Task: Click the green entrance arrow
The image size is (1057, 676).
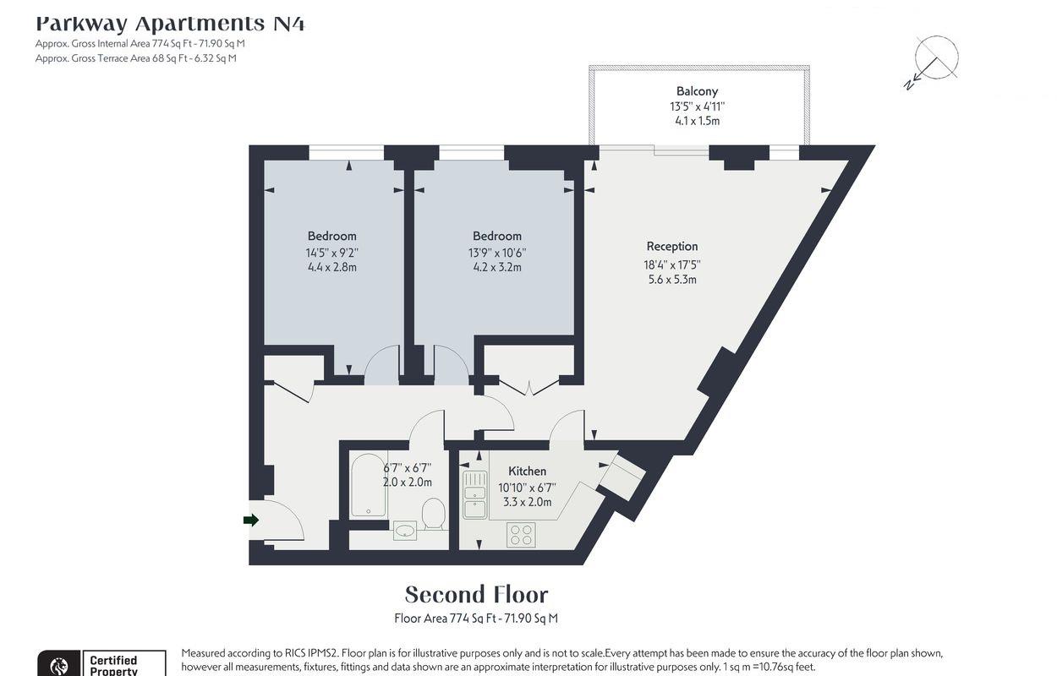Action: (x=250, y=520)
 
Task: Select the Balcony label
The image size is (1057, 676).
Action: (x=697, y=91)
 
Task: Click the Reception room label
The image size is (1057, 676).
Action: (x=672, y=247)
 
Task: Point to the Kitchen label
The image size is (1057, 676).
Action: (x=527, y=472)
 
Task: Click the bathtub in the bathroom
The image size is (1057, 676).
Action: (x=369, y=486)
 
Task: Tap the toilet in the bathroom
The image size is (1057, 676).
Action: (x=433, y=513)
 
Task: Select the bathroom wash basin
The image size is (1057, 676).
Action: (x=405, y=531)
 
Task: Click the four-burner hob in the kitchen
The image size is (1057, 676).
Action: (x=520, y=534)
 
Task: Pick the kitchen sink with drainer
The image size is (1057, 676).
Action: (x=474, y=494)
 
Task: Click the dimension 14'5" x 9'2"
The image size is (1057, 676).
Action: (x=331, y=252)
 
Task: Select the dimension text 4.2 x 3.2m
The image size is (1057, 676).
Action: (x=496, y=267)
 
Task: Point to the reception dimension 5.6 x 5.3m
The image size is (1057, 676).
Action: (x=672, y=279)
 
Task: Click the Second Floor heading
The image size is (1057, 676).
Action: (x=476, y=594)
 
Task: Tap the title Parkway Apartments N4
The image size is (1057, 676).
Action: (x=170, y=23)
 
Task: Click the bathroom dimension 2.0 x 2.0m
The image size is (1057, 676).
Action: (x=407, y=482)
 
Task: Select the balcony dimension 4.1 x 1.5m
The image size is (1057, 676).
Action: (x=697, y=121)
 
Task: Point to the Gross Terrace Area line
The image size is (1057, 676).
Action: (x=136, y=58)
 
